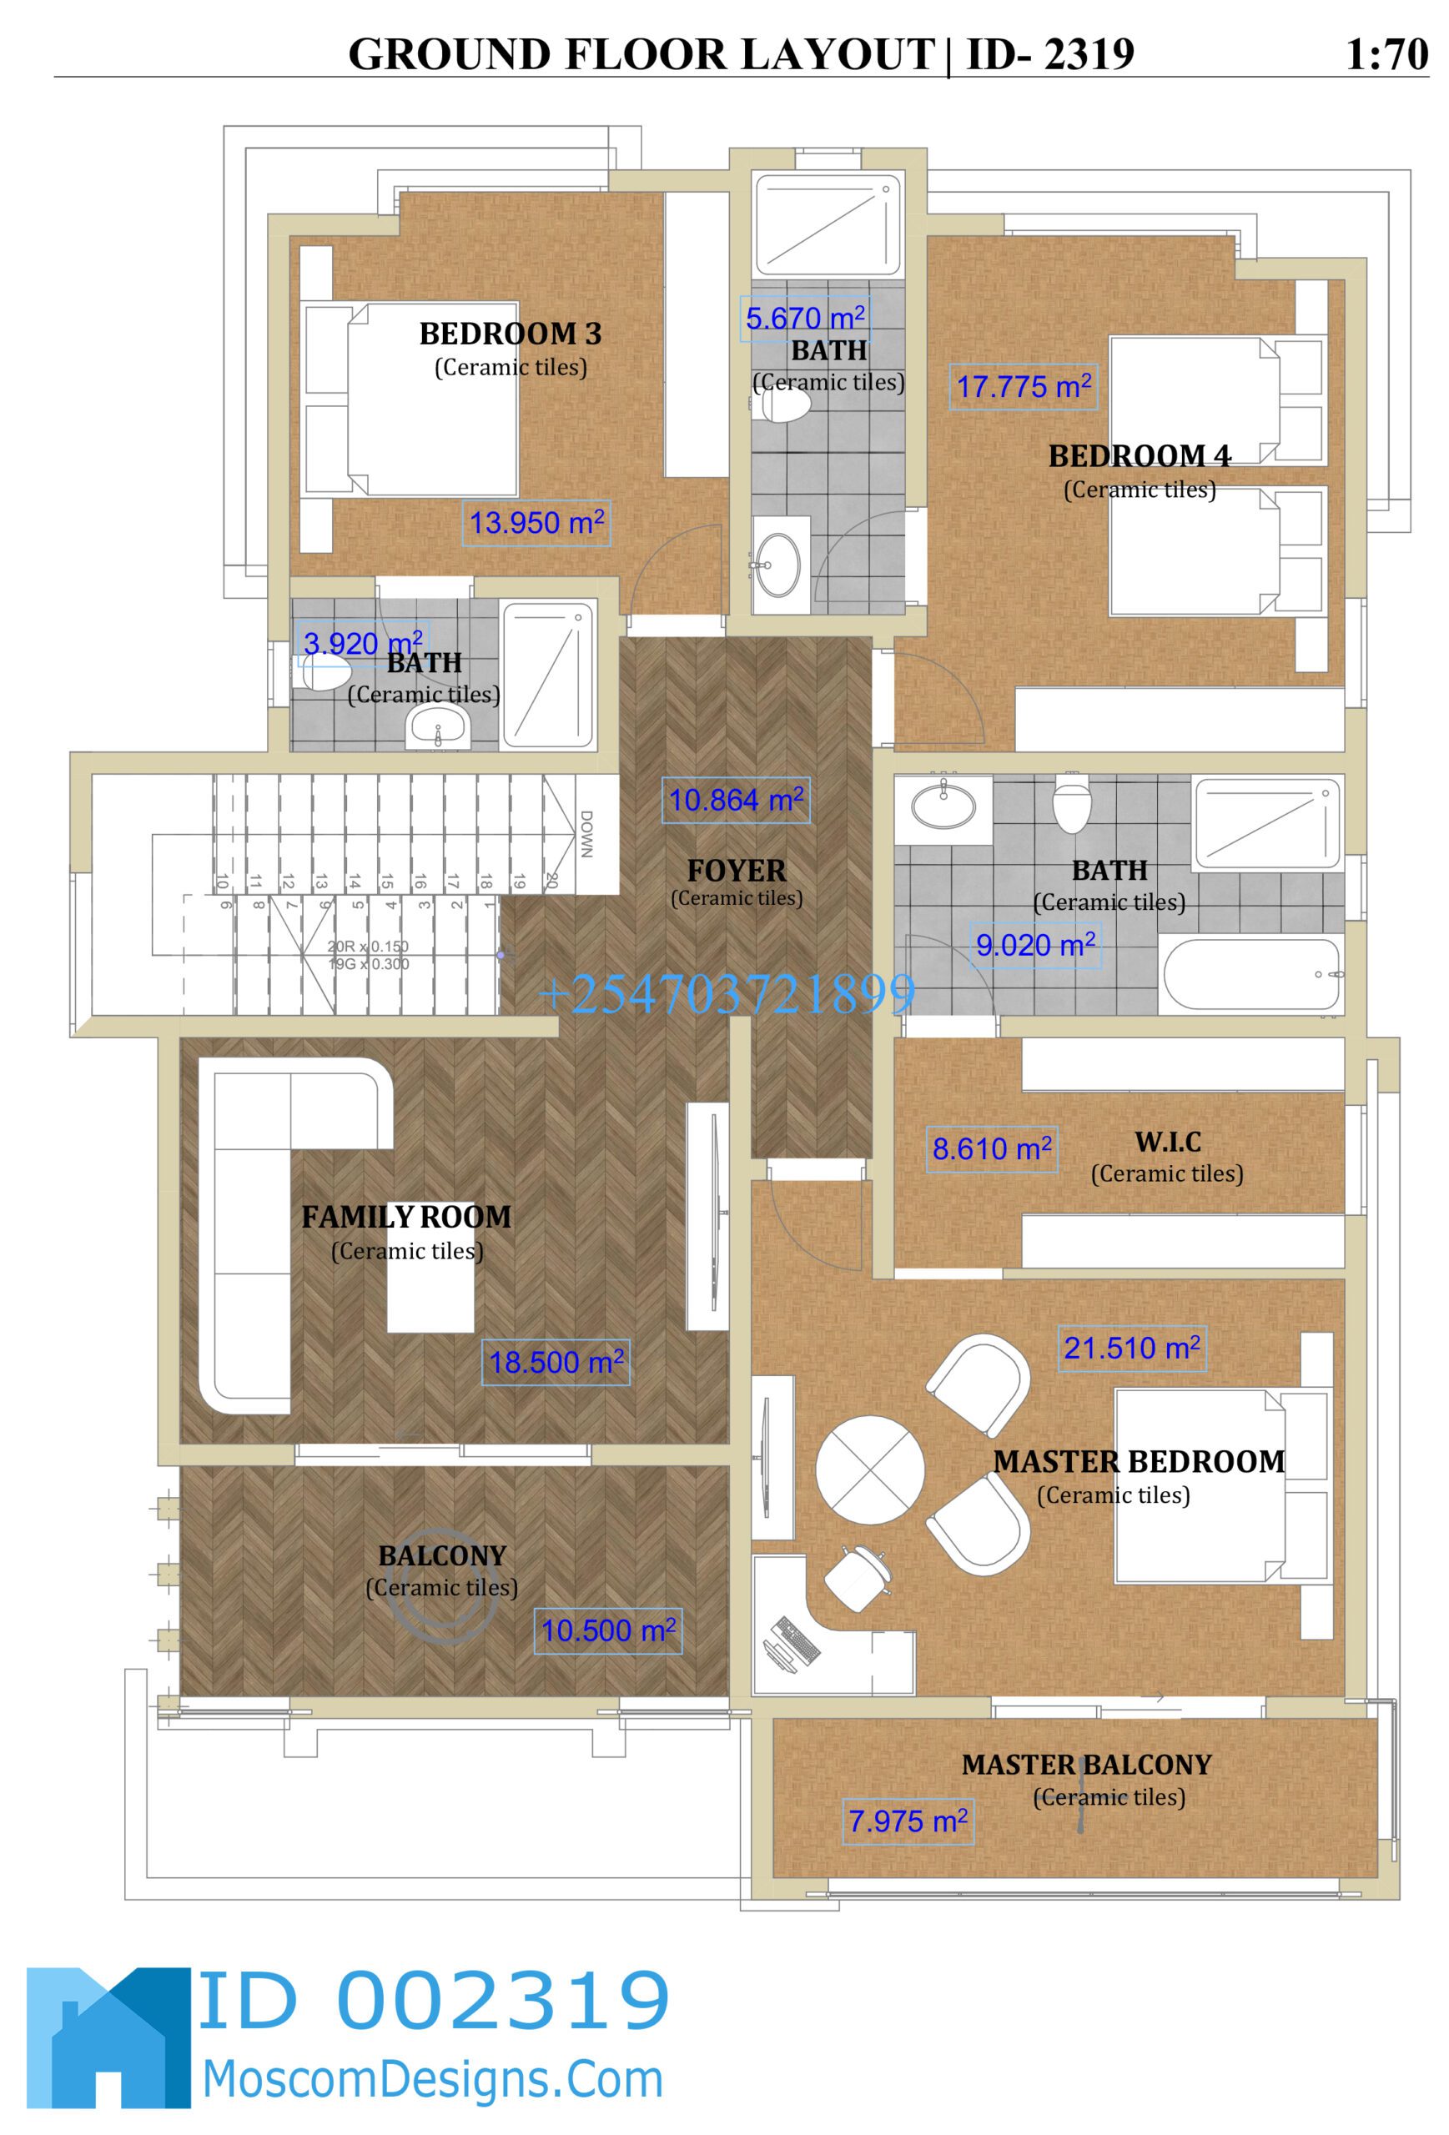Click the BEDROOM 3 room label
click(x=510, y=334)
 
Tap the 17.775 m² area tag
click(x=1023, y=387)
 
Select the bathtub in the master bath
click(x=1251, y=974)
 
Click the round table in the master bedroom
click(x=869, y=1469)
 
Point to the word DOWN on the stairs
click(x=586, y=833)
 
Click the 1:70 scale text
click(x=1386, y=54)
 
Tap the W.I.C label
click(x=1167, y=1142)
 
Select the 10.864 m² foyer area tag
click(x=735, y=800)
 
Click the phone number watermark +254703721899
click(x=726, y=994)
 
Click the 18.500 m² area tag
click(x=555, y=1363)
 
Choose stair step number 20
click(x=551, y=880)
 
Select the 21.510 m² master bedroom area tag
click(x=1131, y=1348)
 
